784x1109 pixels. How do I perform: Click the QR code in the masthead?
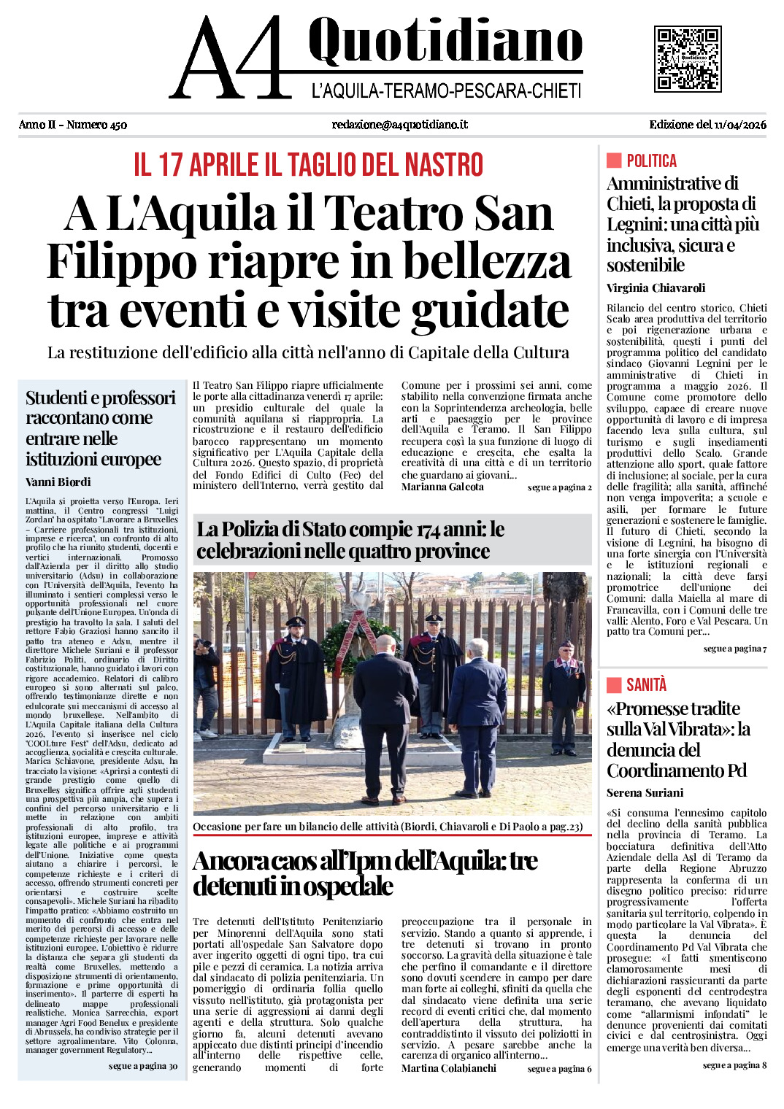[x=687, y=59]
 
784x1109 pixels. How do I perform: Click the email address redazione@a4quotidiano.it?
[x=399, y=125]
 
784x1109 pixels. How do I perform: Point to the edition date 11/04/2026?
[x=740, y=125]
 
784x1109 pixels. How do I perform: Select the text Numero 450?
[x=96, y=125]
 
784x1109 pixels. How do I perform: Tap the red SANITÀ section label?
[x=646, y=684]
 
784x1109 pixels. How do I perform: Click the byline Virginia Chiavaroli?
[x=656, y=287]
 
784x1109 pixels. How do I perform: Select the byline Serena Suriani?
[x=645, y=792]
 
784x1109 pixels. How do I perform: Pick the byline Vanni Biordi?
[x=58, y=482]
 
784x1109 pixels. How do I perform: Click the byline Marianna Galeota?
[x=442, y=487]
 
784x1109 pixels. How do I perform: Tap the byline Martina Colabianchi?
[x=448, y=1068]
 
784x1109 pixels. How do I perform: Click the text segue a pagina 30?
[x=143, y=1066]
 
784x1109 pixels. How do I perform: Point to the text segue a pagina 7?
[x=734, y=649]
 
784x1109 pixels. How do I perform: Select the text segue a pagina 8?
[x=734, y=1065]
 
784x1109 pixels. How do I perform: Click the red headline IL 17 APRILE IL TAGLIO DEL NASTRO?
[x=308, y=166]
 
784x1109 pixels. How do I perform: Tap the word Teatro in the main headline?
[x=393, y=215]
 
